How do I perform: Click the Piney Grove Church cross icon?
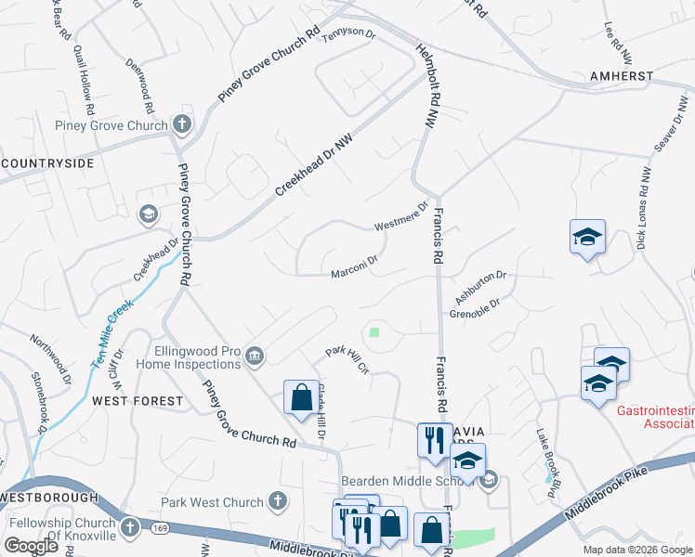tap(181, 124)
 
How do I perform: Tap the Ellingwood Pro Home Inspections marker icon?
tap(254, 356)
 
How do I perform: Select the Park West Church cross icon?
tap(276, 502)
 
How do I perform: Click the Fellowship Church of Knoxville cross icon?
tap(131, 527)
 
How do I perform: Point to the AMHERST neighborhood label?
tap(622, 76)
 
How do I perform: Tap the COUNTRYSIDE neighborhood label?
tap(48, 163)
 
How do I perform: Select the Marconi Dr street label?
tap(354, 267)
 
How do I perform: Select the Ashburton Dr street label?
tap(479, 286)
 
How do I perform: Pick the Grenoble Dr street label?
tap(475, 308)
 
